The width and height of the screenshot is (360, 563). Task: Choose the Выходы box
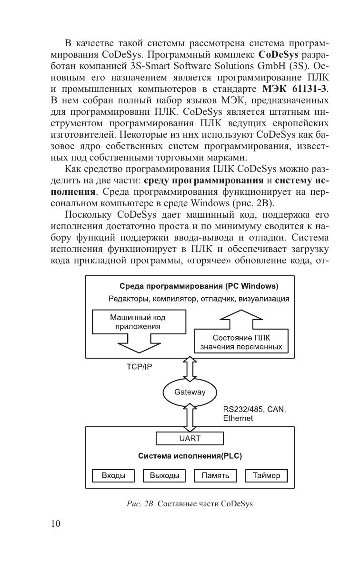point(164,475)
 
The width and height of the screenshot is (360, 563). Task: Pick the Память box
point(215,475)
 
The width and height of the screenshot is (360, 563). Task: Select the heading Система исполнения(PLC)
point(190,456)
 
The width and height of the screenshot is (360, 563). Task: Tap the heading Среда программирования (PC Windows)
point(199,286)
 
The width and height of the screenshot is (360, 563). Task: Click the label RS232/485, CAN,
point(254,409)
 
